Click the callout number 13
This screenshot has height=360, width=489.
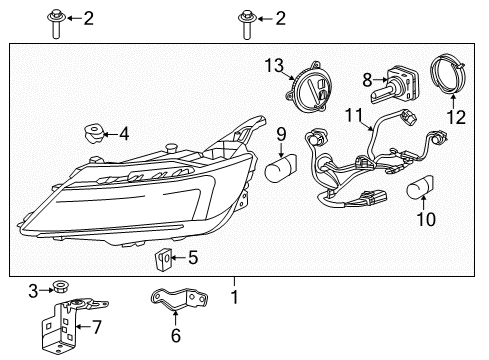(274, 66)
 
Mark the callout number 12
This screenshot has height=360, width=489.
(455, 118)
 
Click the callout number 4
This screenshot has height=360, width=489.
(123, 133)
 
